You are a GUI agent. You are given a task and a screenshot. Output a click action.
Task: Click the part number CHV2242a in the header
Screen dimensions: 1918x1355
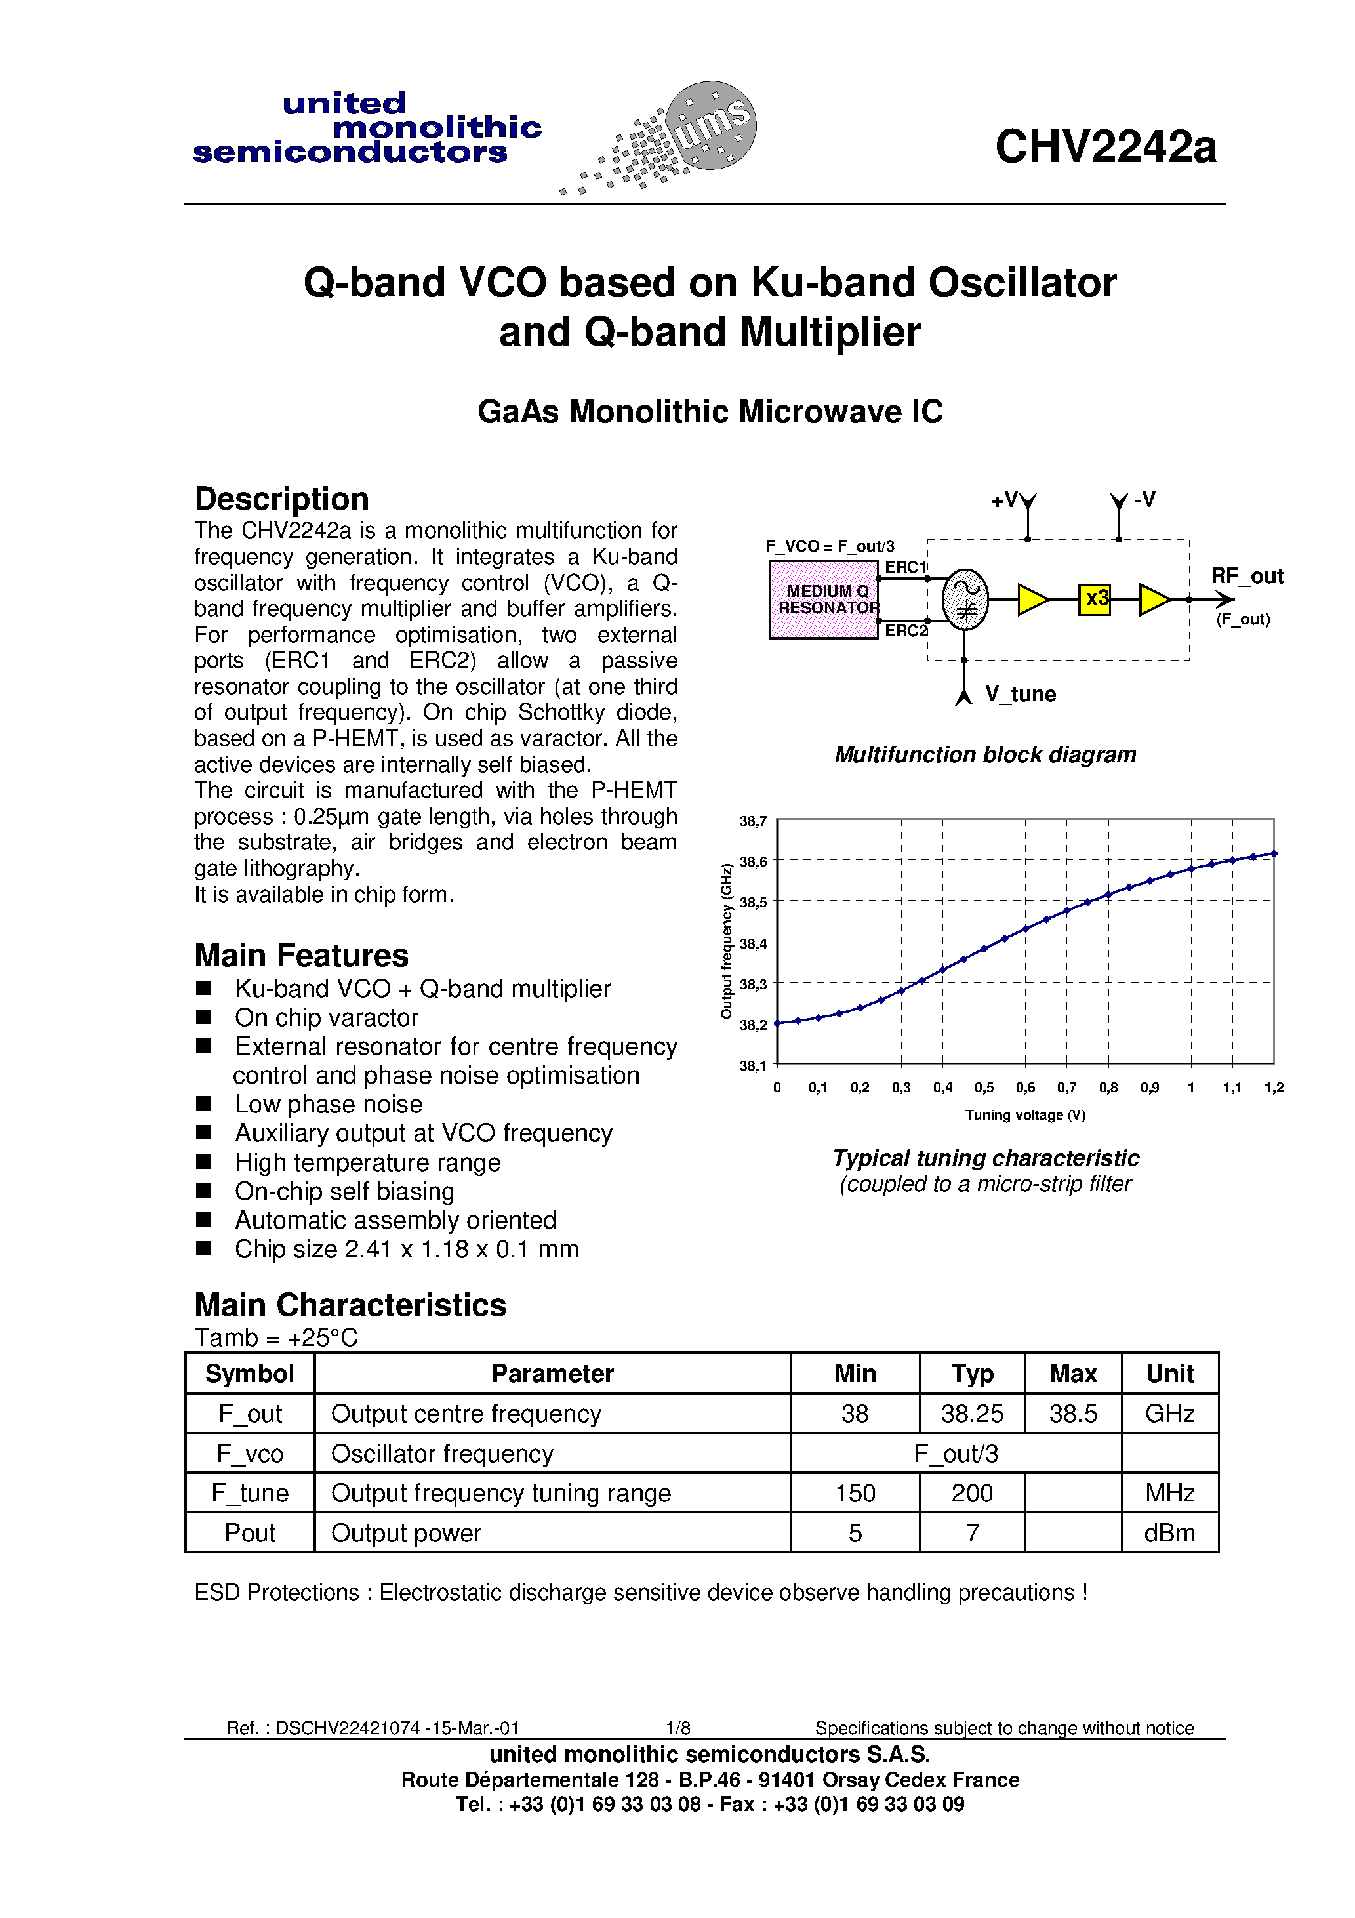tap(1104, 147)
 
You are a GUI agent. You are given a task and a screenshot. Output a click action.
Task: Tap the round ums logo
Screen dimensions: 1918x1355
tap(711, 125)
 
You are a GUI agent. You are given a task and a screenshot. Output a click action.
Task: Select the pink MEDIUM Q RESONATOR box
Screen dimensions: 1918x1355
tap(823, 600)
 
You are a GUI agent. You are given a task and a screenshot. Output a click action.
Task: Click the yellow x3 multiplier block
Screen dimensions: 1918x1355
tap(1095, 598)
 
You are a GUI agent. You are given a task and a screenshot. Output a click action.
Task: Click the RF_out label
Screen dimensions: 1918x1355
tap(1246, 577)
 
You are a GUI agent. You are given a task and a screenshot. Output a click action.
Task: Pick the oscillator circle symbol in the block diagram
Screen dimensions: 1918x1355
tap(965, 599)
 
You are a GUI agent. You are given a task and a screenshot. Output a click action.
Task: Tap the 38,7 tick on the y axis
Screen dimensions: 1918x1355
tap(753, 821)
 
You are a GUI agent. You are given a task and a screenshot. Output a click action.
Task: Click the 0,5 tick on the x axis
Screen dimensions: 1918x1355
tap(984, 1088)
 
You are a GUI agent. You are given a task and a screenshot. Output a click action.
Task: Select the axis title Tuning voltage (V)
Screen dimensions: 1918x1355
tap(1025, 1115)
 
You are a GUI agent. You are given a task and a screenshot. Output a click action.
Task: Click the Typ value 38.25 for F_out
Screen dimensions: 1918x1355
tap(971, 1414)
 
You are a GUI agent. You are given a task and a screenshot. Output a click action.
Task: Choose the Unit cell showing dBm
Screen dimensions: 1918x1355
tap(1169, 1533)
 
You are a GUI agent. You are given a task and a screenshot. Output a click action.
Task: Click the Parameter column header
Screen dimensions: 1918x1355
tap(552, 1374)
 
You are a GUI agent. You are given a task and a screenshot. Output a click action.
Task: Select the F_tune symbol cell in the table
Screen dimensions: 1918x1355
tap(250, 1493)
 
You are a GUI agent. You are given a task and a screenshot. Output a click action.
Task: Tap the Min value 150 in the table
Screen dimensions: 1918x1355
tap(855, 1493)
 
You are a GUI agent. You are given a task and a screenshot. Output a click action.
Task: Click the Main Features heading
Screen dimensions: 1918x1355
tap(302, 955)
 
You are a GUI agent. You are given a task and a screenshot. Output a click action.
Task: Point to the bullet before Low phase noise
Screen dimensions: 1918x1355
tap(203, 1103)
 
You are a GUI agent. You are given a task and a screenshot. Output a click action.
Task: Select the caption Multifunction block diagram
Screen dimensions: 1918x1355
tap(985, 754)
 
